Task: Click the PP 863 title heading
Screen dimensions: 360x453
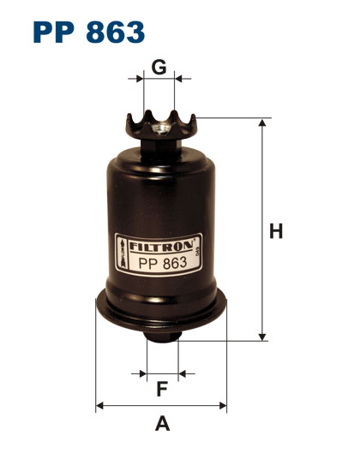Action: [x=89, y=32]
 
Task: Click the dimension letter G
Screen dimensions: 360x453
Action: [x=159, y=67]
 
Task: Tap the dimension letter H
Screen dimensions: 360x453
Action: [x=276, y=231]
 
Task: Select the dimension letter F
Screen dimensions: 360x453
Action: [x=162, y=389]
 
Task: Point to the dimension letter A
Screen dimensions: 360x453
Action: [x=163, y=424]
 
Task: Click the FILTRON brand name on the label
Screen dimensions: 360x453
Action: [x=161, y=246]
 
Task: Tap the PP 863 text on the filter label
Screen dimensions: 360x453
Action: [x=163, y=263]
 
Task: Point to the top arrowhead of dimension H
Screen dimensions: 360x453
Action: [x=262, y=122]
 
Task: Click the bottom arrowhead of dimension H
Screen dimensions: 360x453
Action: [x=262, y=337]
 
